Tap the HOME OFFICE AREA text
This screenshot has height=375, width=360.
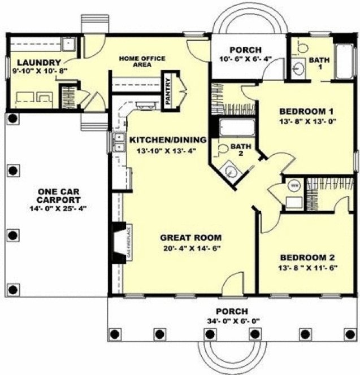[x=136, y=61]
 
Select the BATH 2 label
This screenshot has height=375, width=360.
[x=238, y=150]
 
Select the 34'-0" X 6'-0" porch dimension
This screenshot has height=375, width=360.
[x=232, y=322]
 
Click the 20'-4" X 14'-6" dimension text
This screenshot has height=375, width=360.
[x=190, y=247]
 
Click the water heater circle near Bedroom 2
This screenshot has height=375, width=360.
[x=293, y=185]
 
